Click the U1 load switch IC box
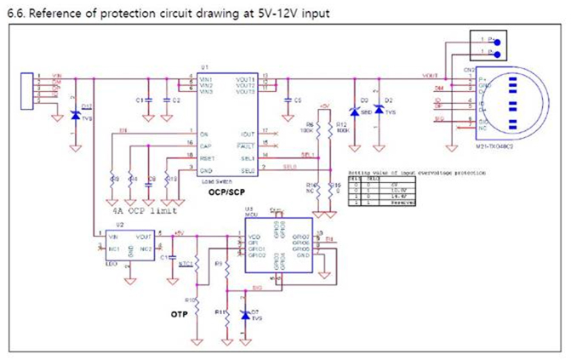pos(227,128)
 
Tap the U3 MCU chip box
pos(282,248)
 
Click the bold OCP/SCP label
pos(230,193)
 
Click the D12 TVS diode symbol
pos(76,116)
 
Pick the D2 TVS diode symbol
pos(379,111)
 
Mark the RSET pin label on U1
pos(207,157)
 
